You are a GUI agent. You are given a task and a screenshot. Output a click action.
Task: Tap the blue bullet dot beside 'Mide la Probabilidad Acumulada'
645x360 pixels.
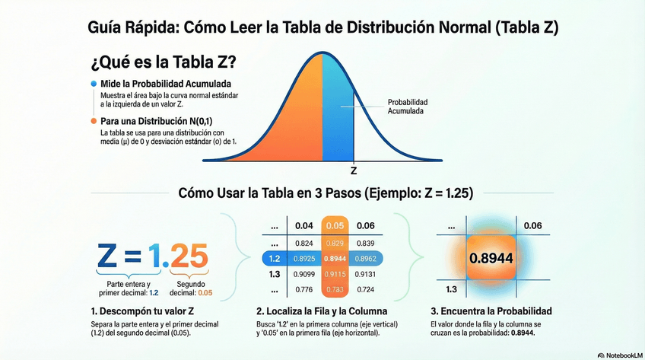point(93,83)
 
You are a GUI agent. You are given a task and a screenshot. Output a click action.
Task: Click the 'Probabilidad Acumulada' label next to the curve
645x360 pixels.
point(408,107)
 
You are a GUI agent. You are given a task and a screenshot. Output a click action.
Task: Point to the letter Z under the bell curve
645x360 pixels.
point(354,170)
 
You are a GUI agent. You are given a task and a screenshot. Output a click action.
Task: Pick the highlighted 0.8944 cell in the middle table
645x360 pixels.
point(335,259)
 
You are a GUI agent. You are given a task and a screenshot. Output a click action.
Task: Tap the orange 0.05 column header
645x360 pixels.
point(335,225)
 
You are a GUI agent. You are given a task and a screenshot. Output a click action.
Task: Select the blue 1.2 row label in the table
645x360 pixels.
point(275,259)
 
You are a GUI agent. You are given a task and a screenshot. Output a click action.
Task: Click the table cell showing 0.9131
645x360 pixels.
point(366,274)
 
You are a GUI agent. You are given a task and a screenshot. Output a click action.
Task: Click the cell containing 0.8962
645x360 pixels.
point(366,259)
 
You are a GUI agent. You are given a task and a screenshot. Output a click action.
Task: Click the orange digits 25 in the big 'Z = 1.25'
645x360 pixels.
point(185,253)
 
